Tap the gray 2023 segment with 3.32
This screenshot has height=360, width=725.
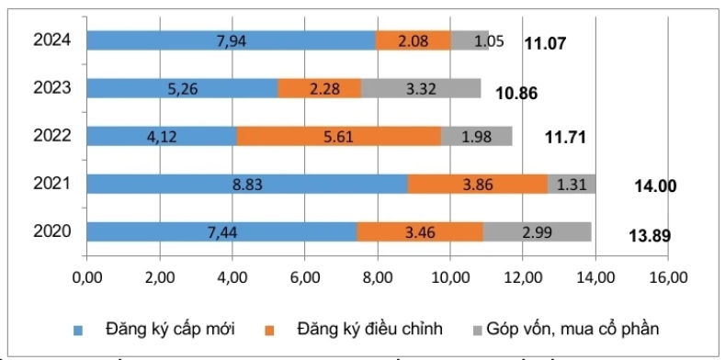[x=421, y=88]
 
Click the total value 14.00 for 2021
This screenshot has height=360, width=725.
[x=655, y=186]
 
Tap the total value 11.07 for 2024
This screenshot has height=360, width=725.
[x=545, y=42]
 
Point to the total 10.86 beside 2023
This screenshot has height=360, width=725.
[x=515, y=94]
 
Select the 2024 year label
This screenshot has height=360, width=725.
[x=52, y=40]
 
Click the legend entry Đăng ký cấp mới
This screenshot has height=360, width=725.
[x=155, y=327]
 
